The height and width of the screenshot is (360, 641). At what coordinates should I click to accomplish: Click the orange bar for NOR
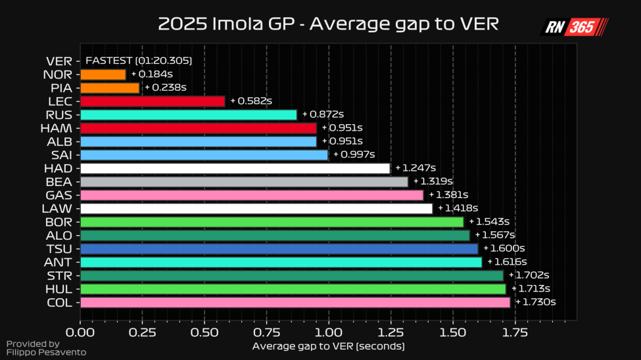point(103,74)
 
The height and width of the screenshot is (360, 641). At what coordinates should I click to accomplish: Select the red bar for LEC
point(153,101)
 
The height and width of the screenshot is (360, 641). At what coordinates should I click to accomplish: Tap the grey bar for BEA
point(244,181)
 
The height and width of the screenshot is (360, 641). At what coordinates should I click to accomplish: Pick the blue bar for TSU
point(279,248)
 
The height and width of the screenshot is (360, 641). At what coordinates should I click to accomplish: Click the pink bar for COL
point(295,302)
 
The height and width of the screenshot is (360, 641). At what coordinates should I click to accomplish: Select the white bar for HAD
point(235,168)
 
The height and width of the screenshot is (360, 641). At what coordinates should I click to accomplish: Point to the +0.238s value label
point(165,87)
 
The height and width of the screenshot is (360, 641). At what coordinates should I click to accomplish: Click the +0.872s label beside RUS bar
point(323,114)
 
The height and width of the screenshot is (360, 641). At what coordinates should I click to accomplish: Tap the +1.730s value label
point(535,302)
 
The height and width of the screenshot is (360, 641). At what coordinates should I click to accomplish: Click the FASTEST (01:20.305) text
point(139,60)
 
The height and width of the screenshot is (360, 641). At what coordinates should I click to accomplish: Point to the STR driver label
point(60,275)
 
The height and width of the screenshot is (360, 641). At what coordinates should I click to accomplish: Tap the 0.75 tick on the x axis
point(267,332)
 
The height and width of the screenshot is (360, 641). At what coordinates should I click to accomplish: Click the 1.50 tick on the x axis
point(454,332)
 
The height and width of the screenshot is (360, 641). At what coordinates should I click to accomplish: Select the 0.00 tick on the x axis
point(81,332)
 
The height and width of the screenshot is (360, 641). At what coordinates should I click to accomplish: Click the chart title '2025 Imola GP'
point(328,24)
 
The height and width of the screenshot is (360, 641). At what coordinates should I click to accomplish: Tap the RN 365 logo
point(574,27)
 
